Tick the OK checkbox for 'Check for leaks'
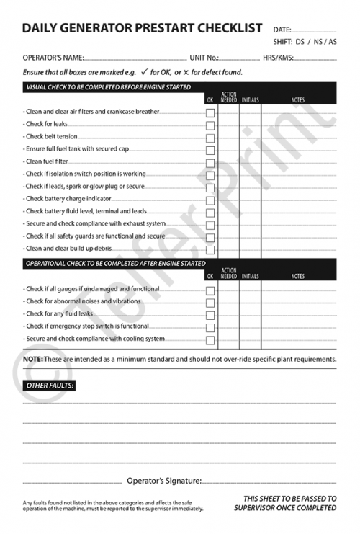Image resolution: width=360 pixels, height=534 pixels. pyautogui.click(x=210, y=125)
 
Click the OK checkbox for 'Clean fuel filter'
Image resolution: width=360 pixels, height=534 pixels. pyautogui.click(x=210, y=163)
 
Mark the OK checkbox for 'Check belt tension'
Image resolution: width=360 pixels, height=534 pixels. pyautogui.click(x=210, y=138)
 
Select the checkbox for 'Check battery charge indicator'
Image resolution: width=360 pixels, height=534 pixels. pyautogui.click(x=210, y=200)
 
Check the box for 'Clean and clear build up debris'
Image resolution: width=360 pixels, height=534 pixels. pyautogui.click(x=210, y=250)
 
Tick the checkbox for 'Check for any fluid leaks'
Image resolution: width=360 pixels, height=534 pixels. pyautogui.click(x=210, y=315)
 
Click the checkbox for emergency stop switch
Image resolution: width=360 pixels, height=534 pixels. pyautogui.click(x=210, y=327)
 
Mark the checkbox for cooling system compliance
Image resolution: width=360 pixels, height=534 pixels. pyautogui.click(x=210, y=339)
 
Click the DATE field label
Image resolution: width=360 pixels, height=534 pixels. pyautogui.click(x=282, y=30)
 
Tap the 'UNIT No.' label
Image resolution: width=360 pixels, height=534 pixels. pyautogui.click(x=204, y=57)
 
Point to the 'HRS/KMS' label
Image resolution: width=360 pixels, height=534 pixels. pyautogui.click(x=277, y=57)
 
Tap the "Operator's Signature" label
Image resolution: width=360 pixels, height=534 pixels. pyautogui.click(x=163, y=480)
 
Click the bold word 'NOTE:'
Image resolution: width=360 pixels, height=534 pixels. pyautogui.click(x=32, y=359)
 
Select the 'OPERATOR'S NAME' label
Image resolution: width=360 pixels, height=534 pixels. pyautogui.click(x=53, y=57)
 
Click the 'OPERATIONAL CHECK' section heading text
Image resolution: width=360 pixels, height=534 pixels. pyautogui.click(x=115, y=264)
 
